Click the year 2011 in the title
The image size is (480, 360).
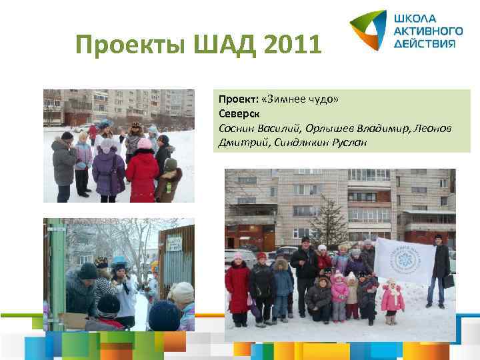[x=293, y=45]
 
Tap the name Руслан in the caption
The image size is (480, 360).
[x=342, y=142]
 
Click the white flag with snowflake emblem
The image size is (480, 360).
[x=401, y=261]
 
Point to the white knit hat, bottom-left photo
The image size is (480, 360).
[x=181, y=293]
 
